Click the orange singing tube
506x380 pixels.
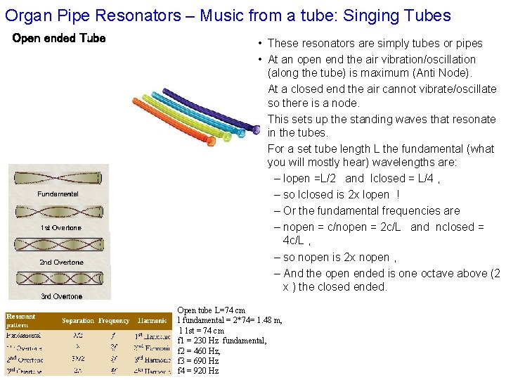tap(169, 119)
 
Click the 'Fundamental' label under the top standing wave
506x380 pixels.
tap(58, 194)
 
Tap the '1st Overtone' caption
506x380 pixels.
tap(60, 228)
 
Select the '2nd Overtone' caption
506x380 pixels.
tap(61, 262)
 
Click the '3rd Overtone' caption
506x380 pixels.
tap(61, 296)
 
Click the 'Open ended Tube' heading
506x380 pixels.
tap(59, 38)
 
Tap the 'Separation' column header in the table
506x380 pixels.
tap(77, 321)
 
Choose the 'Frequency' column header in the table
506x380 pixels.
tap(115, 321)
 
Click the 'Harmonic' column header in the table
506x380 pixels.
tap(153, 321)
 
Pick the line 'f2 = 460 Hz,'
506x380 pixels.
tap(199, 350)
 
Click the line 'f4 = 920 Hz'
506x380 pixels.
tap(198, 371)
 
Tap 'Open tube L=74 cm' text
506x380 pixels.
tap(212, 310)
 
